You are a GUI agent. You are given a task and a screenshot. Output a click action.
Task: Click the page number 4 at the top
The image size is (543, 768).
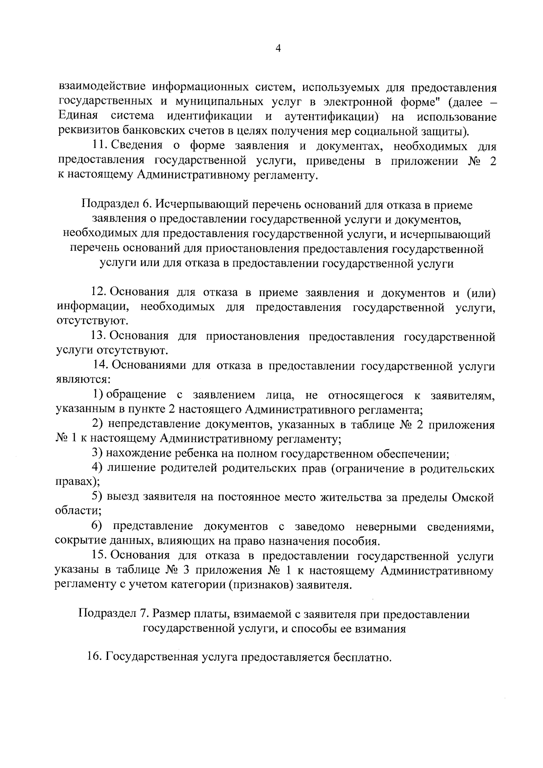278,49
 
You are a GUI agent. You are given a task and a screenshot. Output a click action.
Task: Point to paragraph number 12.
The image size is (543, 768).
99,292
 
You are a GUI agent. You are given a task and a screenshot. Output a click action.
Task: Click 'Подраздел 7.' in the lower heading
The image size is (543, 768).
113,614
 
